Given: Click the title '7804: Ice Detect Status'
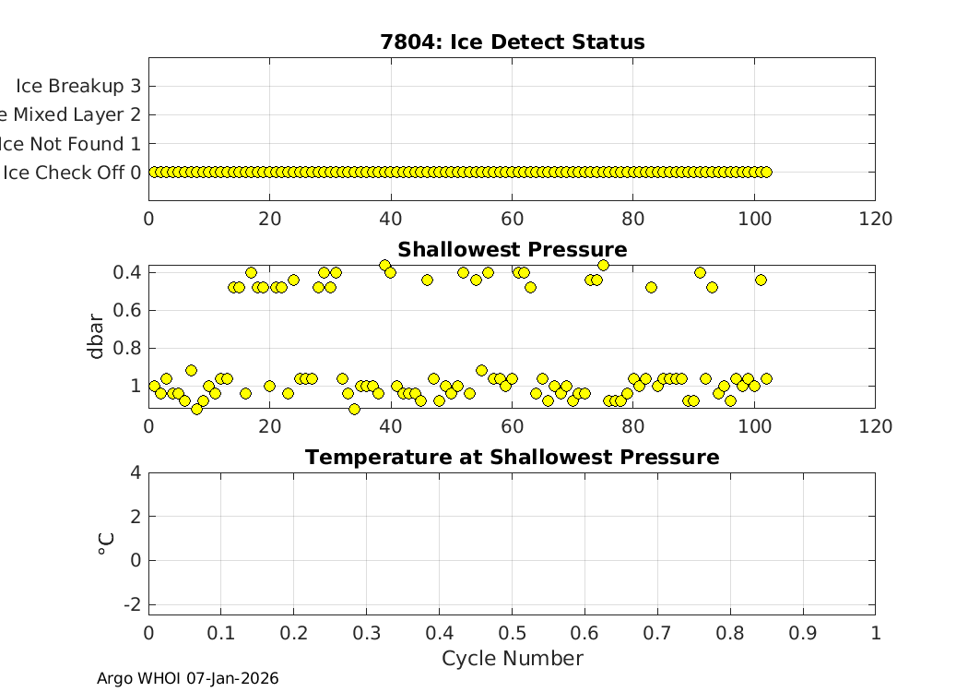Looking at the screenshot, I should click(512, 42).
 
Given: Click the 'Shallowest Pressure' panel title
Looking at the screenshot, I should click(512, 250).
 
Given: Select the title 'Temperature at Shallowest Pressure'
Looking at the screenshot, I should click(512, 458).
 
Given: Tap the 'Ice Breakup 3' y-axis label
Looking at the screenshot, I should click(78, 86).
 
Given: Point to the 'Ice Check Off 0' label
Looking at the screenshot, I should click(72, 173).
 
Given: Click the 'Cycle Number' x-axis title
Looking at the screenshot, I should click(512, 658).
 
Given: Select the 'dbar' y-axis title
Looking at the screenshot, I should click(96, 337).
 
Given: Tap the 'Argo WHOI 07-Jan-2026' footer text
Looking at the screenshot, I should click(188, 679).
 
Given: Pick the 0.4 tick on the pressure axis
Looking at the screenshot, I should click(125, 272).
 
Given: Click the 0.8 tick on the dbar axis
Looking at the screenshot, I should click(125, 349).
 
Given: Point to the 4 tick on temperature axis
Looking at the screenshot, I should click(136, 472).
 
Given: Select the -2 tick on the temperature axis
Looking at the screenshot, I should click(132, 604).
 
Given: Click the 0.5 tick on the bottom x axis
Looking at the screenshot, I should click(512, 633).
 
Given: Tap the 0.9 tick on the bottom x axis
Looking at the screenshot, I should click(802, 633).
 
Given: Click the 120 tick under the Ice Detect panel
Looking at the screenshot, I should click(875, 219).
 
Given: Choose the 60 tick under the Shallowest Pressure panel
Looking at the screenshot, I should click(512, 426).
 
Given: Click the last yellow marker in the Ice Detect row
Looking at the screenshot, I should click(765, 172).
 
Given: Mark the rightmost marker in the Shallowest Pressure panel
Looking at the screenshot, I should click(765, 378).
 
